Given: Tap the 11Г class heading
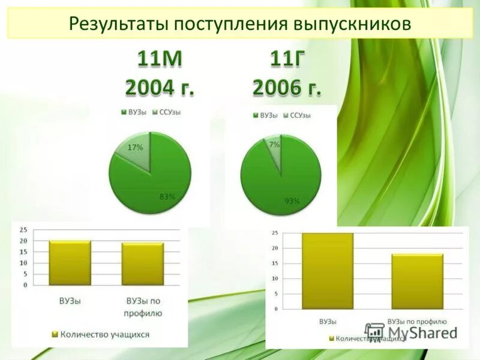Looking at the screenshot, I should [x=286, y=61].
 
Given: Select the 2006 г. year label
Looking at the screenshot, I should [x=286, y=88].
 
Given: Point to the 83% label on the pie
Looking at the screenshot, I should [x=167, y=196].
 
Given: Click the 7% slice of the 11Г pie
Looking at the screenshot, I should [x=274, y=147].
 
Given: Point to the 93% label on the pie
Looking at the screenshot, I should [x=292, y=202].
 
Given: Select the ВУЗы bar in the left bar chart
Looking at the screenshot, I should [x=70, y=263].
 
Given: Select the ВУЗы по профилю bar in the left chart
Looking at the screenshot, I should [x=143, y=263].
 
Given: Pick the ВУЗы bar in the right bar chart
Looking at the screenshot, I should [x=328, y=271].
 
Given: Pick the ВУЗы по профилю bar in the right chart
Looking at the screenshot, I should [x=418, y=281].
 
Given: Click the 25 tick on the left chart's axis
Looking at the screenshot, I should [x=23, y=230].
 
